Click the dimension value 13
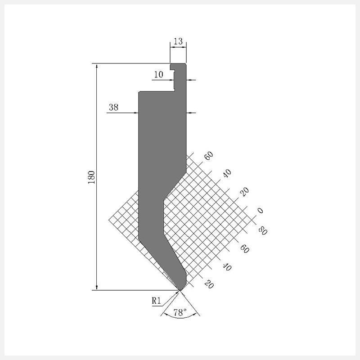click(178, 41)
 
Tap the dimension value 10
click(158, 74)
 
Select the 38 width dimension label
click(113, 107)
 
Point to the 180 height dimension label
click(91, 177)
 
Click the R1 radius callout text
click(156, 301)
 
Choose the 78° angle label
click(180, 312)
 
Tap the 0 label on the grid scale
click(260, 211)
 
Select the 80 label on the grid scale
click(263, 230)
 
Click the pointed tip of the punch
click(180, 290)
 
